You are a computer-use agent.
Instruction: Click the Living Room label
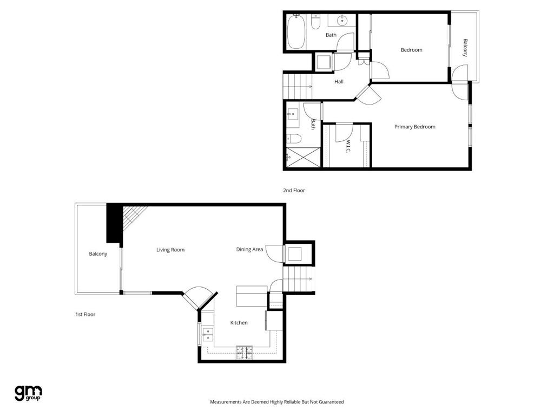170,250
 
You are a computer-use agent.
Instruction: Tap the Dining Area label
249,249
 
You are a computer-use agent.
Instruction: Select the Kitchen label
239,323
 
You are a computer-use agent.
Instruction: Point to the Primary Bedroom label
414,127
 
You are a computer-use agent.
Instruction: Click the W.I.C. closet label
348,146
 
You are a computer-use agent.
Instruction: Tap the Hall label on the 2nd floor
339,82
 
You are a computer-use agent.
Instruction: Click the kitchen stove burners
245,352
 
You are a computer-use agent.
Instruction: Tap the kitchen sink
207,335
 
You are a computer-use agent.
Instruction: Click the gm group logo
28,393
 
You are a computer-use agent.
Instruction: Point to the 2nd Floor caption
294,191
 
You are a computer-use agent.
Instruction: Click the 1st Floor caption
85,314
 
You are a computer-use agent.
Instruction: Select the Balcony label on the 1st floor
98,253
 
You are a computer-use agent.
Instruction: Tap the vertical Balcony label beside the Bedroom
465,47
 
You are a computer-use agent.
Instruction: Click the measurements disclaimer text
276,402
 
